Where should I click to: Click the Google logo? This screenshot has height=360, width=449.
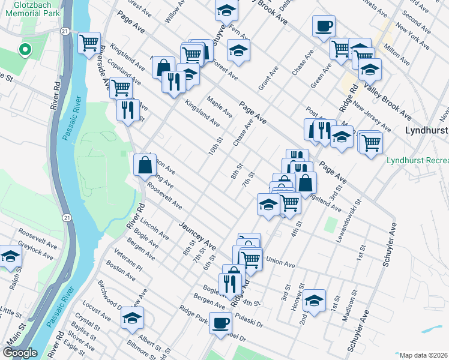click(20, 353)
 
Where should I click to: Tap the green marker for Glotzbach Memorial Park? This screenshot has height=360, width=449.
click(25, 50)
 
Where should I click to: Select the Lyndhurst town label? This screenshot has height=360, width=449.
click(427, 130)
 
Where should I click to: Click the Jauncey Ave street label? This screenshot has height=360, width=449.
click(197, 235)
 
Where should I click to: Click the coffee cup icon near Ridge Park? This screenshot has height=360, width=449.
click(220, 323)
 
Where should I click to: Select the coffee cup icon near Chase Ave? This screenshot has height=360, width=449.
click(324, 26)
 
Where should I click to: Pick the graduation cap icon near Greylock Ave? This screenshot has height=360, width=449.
click(10, 256)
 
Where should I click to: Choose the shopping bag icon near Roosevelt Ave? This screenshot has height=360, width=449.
click(145, 164)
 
